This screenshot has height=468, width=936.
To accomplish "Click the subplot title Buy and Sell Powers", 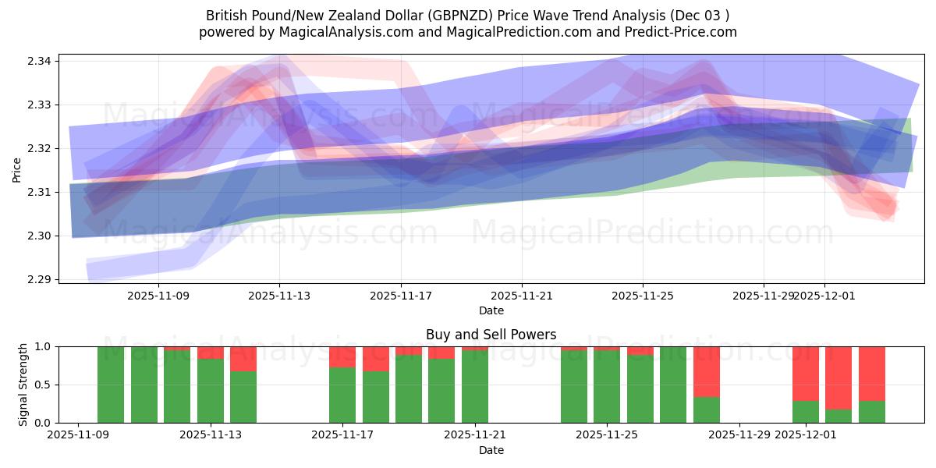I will (x=491, y=335).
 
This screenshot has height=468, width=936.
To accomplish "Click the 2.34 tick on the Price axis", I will (x=40, y=61).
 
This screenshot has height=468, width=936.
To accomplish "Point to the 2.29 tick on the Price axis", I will (x=40, y=279).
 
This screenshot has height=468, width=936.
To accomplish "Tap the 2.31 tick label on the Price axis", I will (x=40, y=192).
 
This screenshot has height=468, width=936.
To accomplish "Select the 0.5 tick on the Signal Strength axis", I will (x=44, y=385).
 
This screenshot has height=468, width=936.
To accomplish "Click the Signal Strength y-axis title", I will (x=23, y=385).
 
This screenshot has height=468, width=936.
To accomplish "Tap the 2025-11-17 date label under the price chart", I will (x=401, y=296).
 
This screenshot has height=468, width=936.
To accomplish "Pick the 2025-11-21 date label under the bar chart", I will (x=475, y=435).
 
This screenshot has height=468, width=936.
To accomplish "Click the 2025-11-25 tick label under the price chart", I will (x=643, y=296).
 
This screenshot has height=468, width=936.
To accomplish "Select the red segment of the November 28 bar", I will (x=707, y=371).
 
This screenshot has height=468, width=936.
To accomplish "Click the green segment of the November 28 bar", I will (x=707, y=409).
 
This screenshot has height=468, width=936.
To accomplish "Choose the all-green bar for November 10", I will (x=111, y=385).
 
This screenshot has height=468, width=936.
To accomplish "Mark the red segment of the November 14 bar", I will (x=243, y=359).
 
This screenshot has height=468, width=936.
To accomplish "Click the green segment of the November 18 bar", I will (x=376, y=397).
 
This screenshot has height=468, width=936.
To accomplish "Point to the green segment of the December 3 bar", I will (x=872, y=412).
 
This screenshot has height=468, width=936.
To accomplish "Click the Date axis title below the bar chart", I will (x=491, y=450).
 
